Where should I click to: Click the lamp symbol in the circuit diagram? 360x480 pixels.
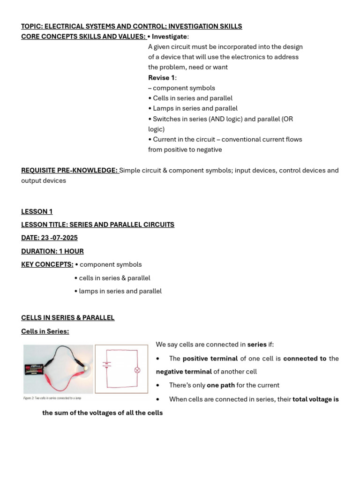(x=137, y=370)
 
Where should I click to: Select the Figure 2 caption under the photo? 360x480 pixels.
(x=52, y=398)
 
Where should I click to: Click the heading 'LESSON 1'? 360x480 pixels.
(x=37, y=211)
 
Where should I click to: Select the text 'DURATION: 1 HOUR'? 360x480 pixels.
(x=52, y=251)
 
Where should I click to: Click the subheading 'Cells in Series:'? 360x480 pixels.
(x=45, y=331)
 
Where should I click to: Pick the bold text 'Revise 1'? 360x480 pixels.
(x=161, y=78)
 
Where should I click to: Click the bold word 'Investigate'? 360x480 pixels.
(x=169, y=37)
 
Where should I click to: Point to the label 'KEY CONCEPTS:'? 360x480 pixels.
(x=47, y=264)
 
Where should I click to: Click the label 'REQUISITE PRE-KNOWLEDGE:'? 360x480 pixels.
(x=69, y=170)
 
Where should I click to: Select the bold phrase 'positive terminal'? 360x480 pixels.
(x=210, y=359)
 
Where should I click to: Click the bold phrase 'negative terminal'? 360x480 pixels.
(x=184, y=372)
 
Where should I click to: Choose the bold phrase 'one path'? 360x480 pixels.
(x=221, y=385)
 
